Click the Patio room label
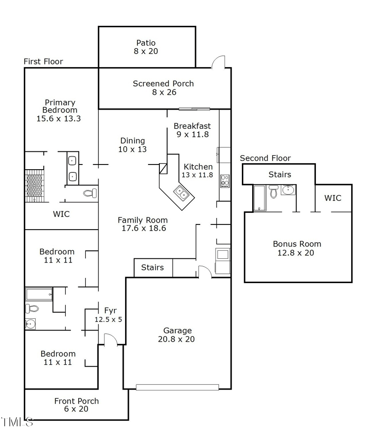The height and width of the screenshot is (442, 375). (x=146, y=43)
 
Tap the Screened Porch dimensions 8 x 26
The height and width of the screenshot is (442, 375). (x=164, y=92)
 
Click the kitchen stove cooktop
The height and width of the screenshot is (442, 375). (x=225, y=181)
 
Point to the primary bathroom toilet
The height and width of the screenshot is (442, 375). (x=90, y=194)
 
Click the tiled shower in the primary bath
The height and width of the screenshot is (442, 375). (x=34, y=186)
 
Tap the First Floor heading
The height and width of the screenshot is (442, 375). (x=43, y=61)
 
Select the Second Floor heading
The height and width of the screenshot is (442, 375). (x=265, y=158)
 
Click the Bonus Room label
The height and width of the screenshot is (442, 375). (x=297, y=244)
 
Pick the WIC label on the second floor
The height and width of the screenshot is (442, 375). (x=333, y=198)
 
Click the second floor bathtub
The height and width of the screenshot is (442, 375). (x=260, y=198)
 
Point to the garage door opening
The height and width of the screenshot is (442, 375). (x=177, y=387)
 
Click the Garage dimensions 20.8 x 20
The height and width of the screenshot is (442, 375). (x=176, y=339)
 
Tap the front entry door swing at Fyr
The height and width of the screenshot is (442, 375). (x=111, y=339)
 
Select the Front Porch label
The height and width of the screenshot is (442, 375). (x=76, y=401)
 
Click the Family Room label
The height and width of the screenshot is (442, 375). (x=142, y=220)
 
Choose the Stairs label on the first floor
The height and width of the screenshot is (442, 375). (x=152, y=267)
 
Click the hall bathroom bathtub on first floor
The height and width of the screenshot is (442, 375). (x=39, y=294)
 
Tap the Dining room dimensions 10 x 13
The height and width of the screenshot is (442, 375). (x=133, y=149)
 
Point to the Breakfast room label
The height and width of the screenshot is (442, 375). (x=192, y=126)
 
